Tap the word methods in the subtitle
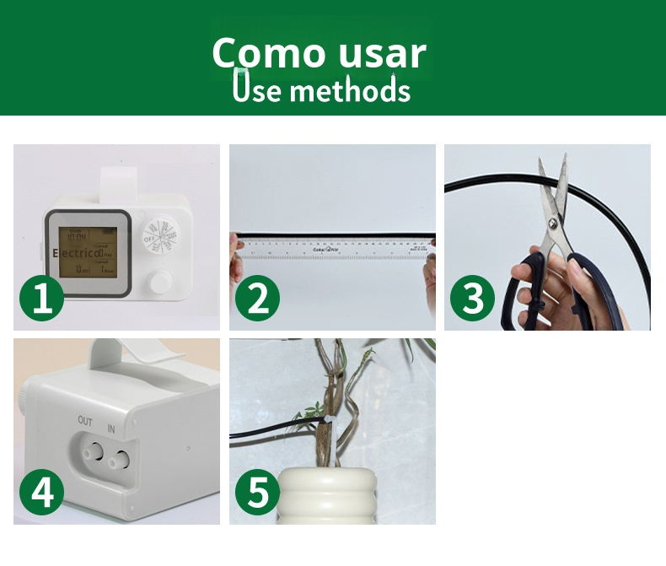[x=349, y=90]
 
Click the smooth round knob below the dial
[x=158, y=283]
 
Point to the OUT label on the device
[x=85, y=420]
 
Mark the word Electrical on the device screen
[x=77, y=252]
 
